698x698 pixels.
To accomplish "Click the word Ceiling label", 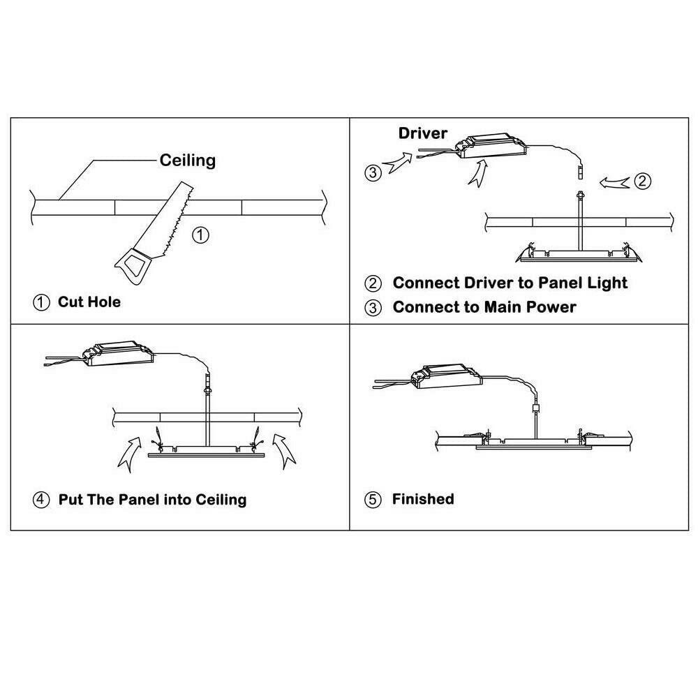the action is click(187, 161).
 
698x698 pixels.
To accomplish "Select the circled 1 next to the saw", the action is click(200, 235).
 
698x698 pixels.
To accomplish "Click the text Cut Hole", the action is click(89, 302).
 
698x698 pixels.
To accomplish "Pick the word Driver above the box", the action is click(422, 133).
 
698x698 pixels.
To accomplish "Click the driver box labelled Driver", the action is click(490, 146).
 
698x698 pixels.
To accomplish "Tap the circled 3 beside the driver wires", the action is click(373, 172).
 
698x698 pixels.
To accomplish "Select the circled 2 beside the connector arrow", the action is click(642, 181).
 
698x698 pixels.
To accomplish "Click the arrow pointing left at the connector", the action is click(614, 182).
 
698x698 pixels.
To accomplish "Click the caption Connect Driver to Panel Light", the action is click(510, 283).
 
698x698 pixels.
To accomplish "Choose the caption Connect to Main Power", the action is click(484, 307).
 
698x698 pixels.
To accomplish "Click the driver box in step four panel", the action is click(118, 353).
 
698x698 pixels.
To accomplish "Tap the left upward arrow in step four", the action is click(131, 453).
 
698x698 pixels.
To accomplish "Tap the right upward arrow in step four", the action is click(284, 450).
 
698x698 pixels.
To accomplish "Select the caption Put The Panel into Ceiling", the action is click(152, 500).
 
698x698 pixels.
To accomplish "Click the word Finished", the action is click(423, 499).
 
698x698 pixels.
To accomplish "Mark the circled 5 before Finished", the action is click(373, 500).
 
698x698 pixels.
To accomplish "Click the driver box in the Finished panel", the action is click(447, 377).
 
